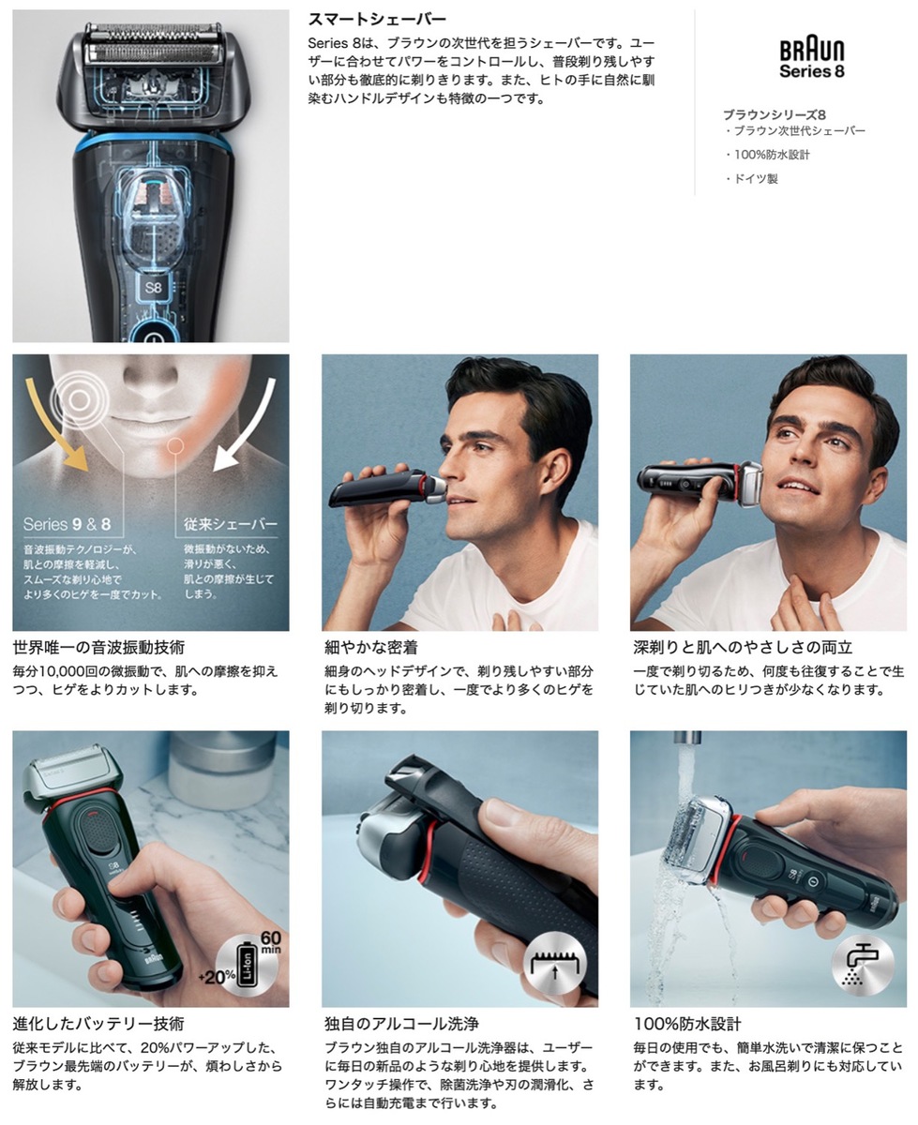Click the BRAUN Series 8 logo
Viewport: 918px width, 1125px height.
point(812,59)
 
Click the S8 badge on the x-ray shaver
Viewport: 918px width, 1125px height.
point(154,287)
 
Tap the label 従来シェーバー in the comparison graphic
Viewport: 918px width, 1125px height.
point(230,524)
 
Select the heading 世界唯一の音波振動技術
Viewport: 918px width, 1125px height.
point(98,647)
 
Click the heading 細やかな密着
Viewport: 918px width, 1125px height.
point(370,647)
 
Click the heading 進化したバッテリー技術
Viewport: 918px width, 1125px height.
point(98,1024)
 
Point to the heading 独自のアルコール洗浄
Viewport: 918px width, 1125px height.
point(400,1024)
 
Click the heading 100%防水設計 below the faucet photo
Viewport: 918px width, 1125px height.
point(686,1024)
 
